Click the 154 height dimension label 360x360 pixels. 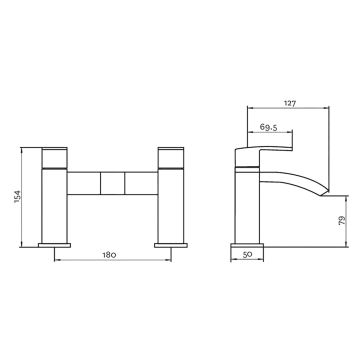click(15, 197)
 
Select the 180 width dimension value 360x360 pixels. click(110, 256)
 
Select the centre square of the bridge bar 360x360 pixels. click(111, 184)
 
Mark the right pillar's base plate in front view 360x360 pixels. click(168, 242)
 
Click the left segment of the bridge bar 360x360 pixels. click(84, 184)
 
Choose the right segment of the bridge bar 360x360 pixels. click(137, 184)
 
